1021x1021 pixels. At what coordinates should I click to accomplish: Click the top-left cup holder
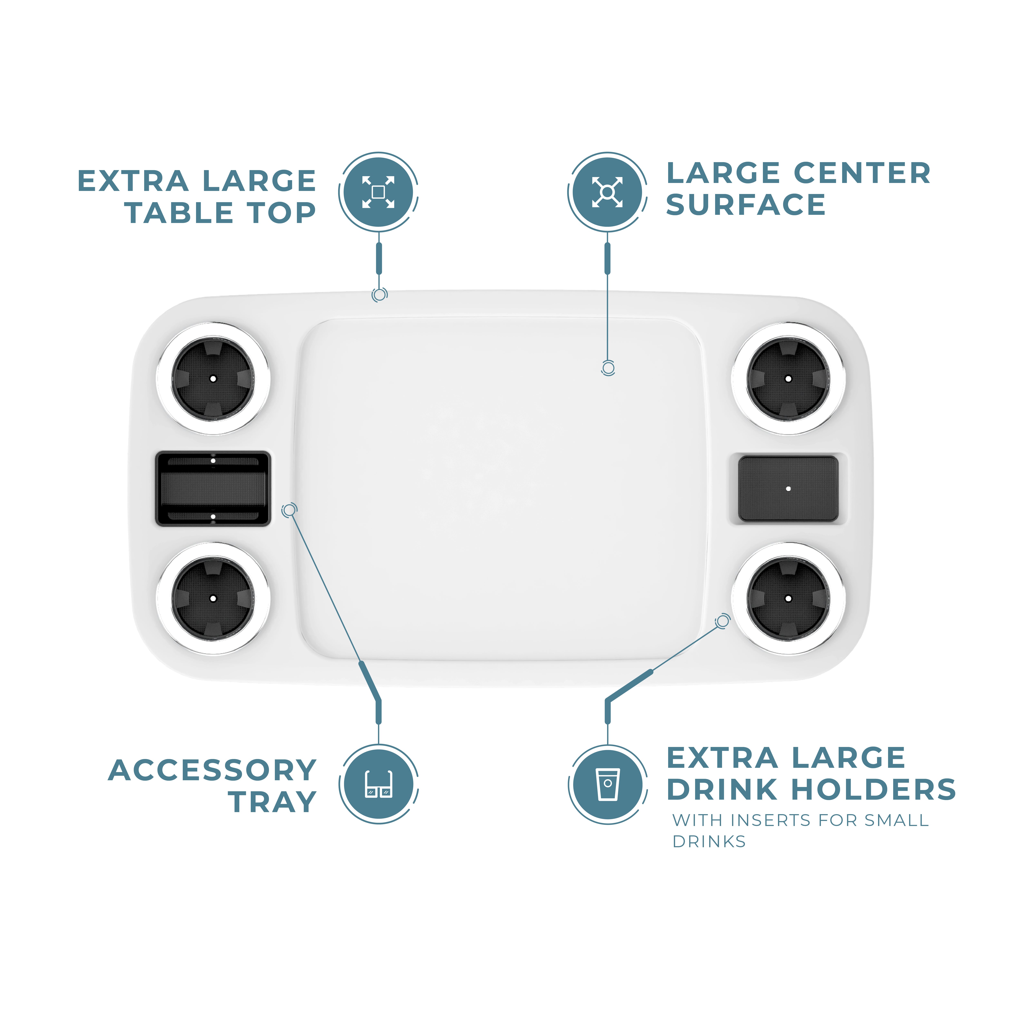213,378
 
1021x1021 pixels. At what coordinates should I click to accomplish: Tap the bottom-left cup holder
213,598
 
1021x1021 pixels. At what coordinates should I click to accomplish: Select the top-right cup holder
788,378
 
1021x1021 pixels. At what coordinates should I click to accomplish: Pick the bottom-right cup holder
788,598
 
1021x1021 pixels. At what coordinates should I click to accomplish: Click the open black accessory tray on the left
213,489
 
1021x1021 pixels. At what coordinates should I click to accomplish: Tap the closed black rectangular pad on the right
788,489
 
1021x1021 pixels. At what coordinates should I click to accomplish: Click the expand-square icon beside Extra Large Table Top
378,192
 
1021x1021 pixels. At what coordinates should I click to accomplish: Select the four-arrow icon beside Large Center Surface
607,192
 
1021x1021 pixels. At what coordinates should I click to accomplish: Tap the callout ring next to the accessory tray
289,510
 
